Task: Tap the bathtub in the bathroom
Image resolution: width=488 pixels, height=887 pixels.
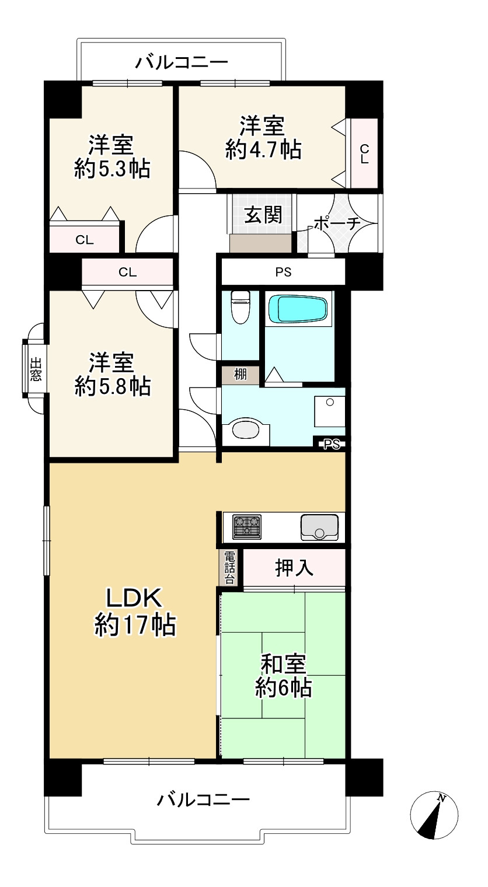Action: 297,309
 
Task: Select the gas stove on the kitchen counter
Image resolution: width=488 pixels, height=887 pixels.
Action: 248,527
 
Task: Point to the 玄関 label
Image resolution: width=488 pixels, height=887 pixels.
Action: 263,215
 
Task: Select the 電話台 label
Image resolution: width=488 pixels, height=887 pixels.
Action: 230,567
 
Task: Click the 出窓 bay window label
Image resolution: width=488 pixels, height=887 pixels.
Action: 36,369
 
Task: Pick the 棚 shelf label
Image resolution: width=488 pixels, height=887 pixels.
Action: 239,375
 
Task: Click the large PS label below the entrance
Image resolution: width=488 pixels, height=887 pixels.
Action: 283,272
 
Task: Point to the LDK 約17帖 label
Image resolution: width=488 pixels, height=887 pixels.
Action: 134,612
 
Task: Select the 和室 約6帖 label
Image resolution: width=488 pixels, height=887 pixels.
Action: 283,676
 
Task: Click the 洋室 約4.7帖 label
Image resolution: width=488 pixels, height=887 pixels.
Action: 263,138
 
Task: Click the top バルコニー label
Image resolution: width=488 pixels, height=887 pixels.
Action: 182,62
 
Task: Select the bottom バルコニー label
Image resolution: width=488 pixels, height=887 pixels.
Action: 204,799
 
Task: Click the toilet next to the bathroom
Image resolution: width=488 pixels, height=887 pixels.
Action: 240,306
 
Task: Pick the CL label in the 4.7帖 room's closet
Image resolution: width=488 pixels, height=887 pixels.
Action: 364,153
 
